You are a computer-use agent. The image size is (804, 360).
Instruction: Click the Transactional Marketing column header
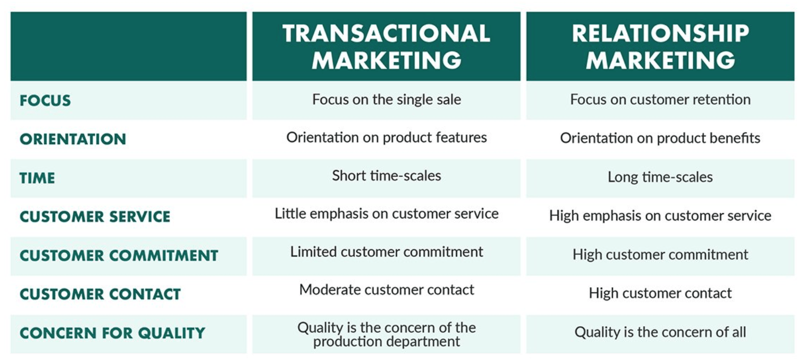(x=386, y=46)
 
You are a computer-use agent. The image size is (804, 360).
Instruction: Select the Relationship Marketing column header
(x=660, y=46)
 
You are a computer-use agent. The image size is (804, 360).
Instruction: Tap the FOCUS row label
(x=45, y=100)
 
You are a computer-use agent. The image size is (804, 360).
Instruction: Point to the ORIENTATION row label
(x=73, y=139)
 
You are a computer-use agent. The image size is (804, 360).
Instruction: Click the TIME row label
(x=37, y=178)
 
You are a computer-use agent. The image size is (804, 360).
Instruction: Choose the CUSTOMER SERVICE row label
(x=95, y=216)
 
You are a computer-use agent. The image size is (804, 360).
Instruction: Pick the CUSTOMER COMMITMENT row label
(x=119, y=255)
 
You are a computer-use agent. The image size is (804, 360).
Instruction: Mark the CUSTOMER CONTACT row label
(x=100, y=294)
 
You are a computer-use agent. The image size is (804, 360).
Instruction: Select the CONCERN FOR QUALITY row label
(x=112, y=333)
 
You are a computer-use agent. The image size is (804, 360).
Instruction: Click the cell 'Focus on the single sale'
(x=386, y=99)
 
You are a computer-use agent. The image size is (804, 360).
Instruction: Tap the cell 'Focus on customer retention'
(x=660, y=99)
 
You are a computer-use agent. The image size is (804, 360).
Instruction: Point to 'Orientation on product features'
(x=386, y=137)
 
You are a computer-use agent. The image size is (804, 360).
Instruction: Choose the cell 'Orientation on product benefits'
(x=660, y=138)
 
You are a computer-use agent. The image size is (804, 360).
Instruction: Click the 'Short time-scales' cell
(x=386, y=176)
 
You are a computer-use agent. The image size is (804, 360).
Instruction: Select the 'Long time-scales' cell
(x=660, y=177)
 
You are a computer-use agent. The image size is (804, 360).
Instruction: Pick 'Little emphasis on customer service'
(x=386, y=213)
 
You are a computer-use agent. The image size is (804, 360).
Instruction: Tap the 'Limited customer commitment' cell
(x=386, y=252)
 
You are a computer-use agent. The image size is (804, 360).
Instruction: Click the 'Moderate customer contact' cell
(x=386, y=290)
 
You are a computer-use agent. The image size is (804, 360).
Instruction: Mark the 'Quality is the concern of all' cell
(x=660, y=332)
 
